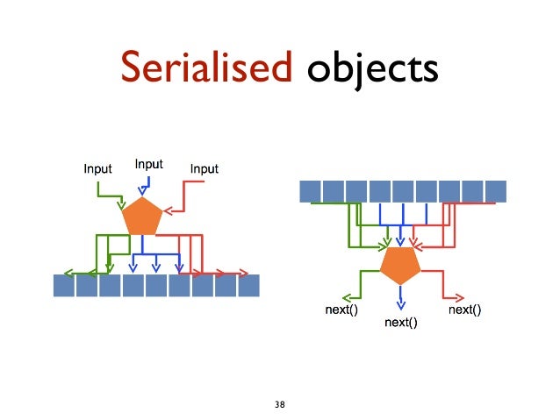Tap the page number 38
pyautogui.click(x=280, y=404)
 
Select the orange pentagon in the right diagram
pyautogui.click(x=400, y=265)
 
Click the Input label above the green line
pyautogui.click(x=97, y=168)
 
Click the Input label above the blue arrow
pyautogui.click(x=149, y=164)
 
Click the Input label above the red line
pyautogui.click(x=204, y=168)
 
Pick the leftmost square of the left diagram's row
pyautogui.click(x=63, y=286)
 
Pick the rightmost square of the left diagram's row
pyautogui.click(x=248, y=286)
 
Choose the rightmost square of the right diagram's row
pyautogui.click(x=496, y=190)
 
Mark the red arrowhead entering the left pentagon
pyautogui.click(x=169, y=210)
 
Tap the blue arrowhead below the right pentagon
pyautogui.click(x=401, y=304)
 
